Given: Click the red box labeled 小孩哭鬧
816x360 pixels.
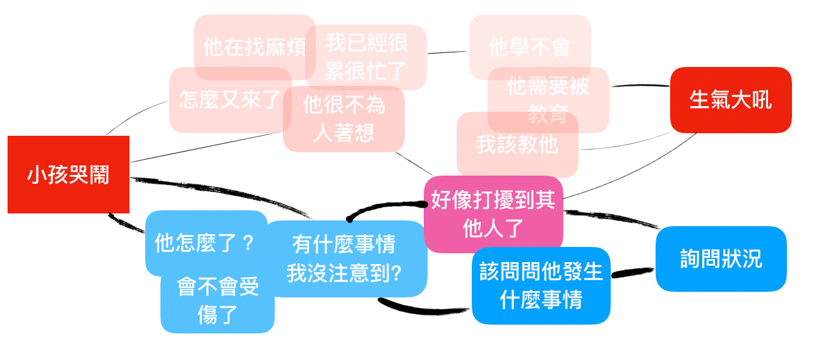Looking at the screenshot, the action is pos(68,174).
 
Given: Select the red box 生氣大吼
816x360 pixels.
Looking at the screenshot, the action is pos(731,100).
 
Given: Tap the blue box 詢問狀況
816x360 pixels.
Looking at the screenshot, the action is pos(721,259).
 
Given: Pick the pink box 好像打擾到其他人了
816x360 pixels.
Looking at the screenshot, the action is pos(494,214).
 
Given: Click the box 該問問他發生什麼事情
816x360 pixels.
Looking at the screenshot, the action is pos(541,285).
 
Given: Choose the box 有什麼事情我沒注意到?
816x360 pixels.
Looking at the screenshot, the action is pos(344,259).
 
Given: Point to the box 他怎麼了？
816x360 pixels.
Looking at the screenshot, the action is pos(206,243).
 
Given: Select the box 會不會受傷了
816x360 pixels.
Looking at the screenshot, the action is pos(217,301).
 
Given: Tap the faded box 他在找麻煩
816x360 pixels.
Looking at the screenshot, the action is pos(255,47).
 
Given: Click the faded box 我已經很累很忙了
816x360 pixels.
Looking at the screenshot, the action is pos(366,57).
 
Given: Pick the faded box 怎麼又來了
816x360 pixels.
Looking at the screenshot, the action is pos(231,100).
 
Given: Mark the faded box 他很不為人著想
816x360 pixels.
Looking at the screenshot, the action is pos(344,119).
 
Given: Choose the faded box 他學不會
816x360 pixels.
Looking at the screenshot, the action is pos(530,47).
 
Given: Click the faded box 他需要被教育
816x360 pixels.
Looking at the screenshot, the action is pos(548,100).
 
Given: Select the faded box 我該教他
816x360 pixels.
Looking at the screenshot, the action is pos(518,145).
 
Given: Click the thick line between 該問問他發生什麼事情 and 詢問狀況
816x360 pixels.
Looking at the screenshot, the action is pos(633,273).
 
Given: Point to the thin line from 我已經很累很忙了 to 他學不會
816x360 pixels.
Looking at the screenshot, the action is pos(448,52).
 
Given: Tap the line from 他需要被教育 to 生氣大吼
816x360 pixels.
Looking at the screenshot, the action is pos(640,85).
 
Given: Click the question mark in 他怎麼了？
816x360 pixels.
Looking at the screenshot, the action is pos(248,243).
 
